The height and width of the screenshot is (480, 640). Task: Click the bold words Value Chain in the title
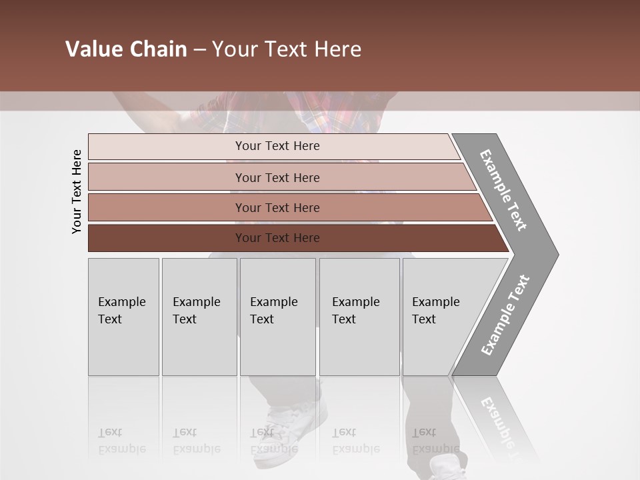click(x=126, y=49)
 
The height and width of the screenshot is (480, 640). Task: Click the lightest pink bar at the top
click(x=167, y=147)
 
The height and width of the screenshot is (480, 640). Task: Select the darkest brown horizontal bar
click(x=167, y=238)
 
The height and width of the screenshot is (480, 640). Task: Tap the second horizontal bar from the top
click(x=167, y=177)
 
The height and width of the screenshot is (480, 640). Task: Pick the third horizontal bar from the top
click(x=167, y=207)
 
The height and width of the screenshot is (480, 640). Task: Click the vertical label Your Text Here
click(x=77, y=191)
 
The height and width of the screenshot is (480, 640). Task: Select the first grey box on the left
click(x=123, y=317)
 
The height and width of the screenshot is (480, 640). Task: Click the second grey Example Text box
click(x=199, y=317)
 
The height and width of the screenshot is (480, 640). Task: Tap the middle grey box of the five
click(x=277, y=317)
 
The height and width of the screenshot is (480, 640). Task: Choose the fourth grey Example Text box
click(x=359, y=317)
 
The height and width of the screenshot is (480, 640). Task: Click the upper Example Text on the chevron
click(x=503, y=190)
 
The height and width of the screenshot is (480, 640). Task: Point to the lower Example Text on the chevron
click(x=505, y=315)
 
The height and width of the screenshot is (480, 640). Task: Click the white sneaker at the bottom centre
click(x=293, y=420)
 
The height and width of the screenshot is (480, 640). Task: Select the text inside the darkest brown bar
click(x=277, y=238)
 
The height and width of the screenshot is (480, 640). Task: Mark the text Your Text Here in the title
click(x=287, y=49)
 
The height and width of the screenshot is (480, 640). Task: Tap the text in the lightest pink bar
click(x=277, y=146)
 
